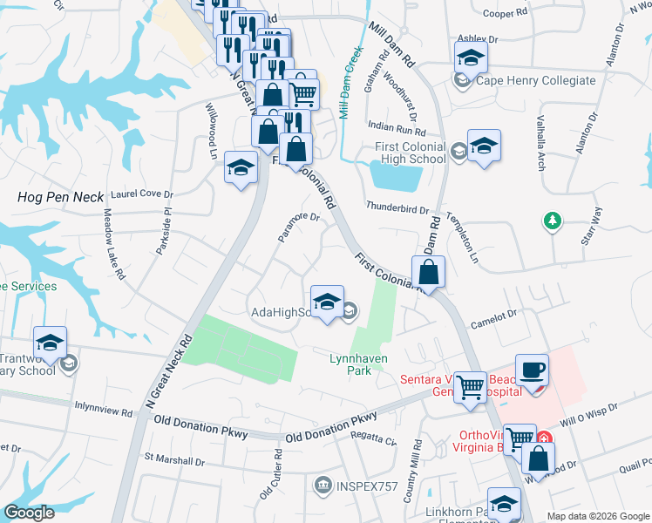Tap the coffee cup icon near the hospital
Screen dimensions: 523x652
tap(533, 370)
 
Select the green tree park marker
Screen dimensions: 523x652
tap(552, 221)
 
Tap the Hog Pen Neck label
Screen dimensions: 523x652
tap(60, 198)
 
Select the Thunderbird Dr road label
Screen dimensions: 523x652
tap(397, 209)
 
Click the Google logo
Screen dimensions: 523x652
tap(29, 513)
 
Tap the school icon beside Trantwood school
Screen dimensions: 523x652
tap(51, 343)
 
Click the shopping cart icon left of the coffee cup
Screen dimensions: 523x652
tap(471, 386)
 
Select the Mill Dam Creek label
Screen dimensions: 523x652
tap(351, 83)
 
